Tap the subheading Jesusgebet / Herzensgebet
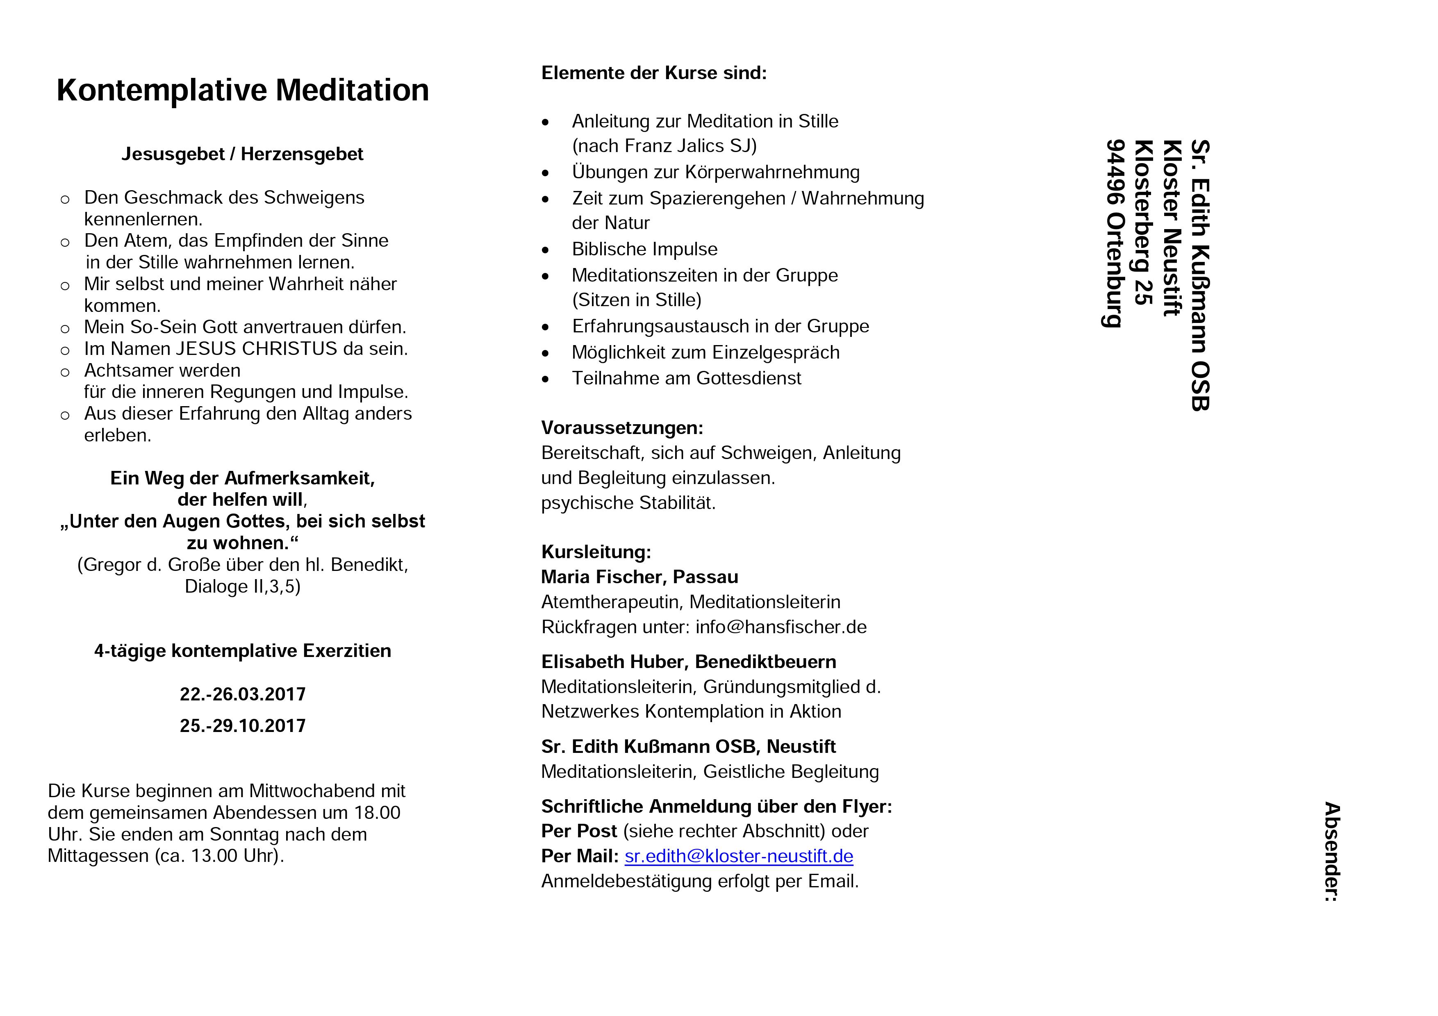(x=242, y=154)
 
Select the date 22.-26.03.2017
(x=242, y=694)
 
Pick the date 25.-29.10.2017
(x=242, y=725)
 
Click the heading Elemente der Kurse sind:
(x=654, y=73)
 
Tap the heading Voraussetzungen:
(x=622, y=428)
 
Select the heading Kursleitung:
(x=596, y=552)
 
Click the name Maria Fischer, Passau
(x=639, y=577)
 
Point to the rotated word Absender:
(x=1331, y=851)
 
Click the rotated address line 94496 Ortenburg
(x=1115, y=234)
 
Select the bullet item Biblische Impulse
(x=644, y=249)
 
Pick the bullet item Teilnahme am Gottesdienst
(x=687, y=378)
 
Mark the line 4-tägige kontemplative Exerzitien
(x=242, y=651)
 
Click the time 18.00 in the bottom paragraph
(x=377, y=813)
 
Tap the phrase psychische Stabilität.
(x=628, y=503)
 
